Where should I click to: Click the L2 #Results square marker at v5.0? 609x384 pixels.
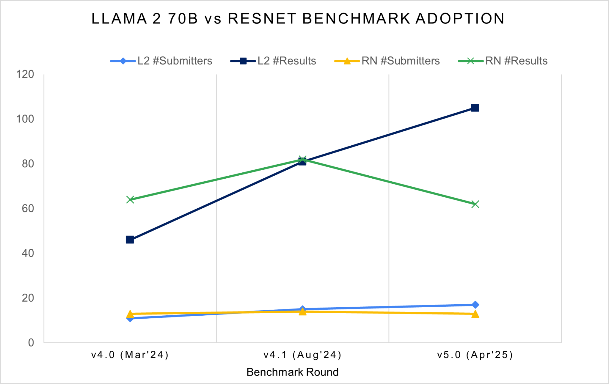[x=475, y=108]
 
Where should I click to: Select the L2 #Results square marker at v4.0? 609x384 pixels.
[x=130, y=240]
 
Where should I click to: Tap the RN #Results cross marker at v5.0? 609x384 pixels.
[x=475, y=204]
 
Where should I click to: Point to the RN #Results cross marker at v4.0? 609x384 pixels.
[x=130, y=199]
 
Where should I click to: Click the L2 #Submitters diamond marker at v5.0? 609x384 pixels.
[x=475, y=305]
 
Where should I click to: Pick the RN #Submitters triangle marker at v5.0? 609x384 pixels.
[x=475, y=314]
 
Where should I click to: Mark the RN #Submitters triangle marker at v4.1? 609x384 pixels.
[x=302, y=311]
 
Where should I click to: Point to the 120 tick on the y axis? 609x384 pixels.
[x=25, y=74]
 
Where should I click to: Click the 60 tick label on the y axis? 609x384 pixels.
[x=28, y=208]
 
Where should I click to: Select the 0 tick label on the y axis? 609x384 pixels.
[x=31, y=343]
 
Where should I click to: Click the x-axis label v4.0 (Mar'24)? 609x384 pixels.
[x=130, y=355]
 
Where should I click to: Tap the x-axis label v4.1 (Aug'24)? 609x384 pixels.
[x=302, y=355]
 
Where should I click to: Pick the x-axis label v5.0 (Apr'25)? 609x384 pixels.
[x=475, y=355]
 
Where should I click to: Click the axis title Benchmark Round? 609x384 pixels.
[x=293, y=372]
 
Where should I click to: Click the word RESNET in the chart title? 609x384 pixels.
[x=262, y=18]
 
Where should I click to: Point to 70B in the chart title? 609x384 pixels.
[x=183, y=18]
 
